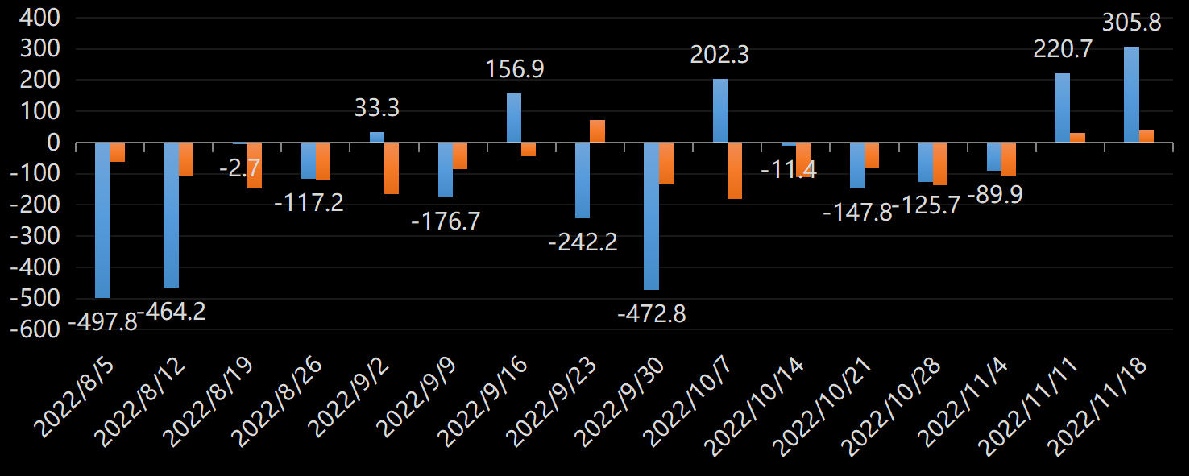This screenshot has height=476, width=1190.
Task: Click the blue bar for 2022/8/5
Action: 102,220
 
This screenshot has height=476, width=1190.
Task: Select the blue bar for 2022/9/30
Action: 651,216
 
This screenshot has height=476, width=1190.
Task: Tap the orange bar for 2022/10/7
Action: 735,171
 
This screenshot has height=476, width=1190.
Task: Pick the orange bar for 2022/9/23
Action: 597,131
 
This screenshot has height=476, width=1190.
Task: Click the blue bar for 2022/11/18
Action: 1132,95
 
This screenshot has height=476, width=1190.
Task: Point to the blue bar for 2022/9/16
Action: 514,118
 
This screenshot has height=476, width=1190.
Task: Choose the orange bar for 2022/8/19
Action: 255,165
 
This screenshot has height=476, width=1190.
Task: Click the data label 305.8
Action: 1131,23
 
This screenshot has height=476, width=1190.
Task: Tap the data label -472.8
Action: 652,314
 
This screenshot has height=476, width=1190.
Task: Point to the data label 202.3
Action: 719,55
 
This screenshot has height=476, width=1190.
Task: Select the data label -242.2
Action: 583,242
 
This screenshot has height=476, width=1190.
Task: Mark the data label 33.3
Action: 377,107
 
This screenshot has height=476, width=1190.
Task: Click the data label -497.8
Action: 102,322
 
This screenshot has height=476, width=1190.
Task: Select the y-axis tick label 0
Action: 55,143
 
